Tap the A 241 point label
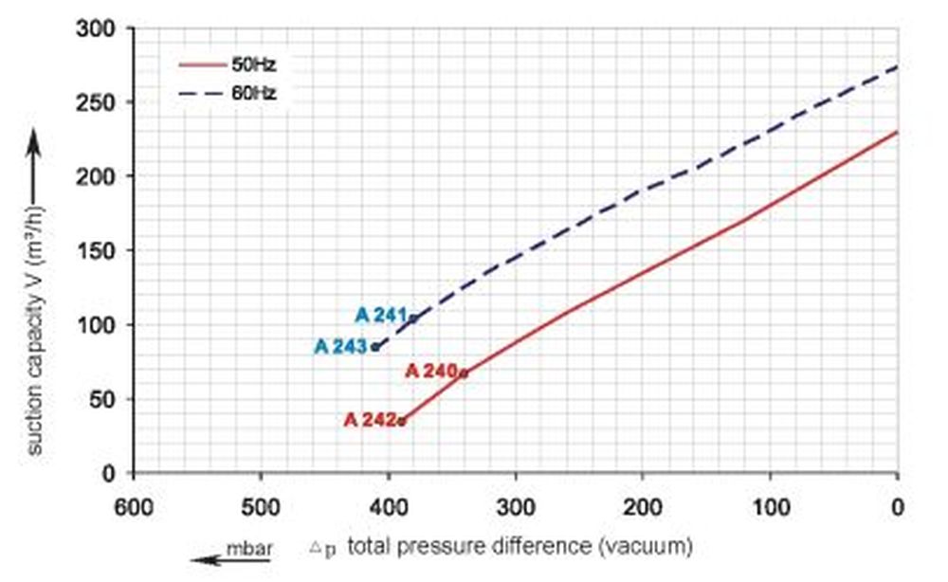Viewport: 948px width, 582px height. pyautogui.click(x=380, y=316)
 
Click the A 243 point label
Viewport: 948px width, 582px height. pyautogui.click(x=340, y=347)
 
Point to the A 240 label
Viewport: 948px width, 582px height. pyautogui.click(x=431, y=372)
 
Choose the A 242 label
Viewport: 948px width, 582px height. pyautogui.click(x=370, y=420)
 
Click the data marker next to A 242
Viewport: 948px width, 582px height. pyautogui.click(x=402, y=422)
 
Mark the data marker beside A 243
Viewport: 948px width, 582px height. pyautogui.click(x=375, y=347)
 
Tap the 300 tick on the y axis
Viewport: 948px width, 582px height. pyautogui.click(x=97, y=29)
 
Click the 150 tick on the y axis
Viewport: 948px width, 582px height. pyautogui.click(x=97, y=251)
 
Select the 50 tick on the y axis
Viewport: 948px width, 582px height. pyautogui.click(x=102, y=399)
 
